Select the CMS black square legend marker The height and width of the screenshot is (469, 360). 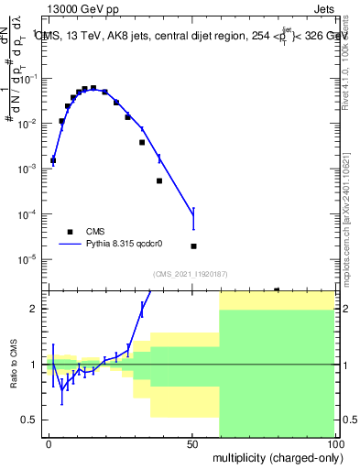pyautogui.click(x=70, y=232)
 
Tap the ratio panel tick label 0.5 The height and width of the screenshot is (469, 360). pyautogui.click(x=30, y=420)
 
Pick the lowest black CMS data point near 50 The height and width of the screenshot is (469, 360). pyautogui.click(x=193, y=245)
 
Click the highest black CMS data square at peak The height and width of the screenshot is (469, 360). pyautogui.click(x=93, y=88)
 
